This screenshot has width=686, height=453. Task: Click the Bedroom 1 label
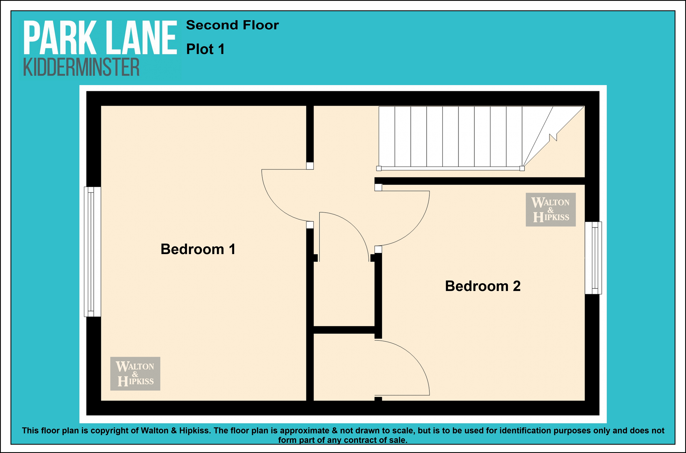[198, 249]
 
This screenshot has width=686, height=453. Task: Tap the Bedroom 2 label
[483, 286]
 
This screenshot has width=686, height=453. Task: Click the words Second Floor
[232, 25]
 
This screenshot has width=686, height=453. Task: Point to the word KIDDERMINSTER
[81, 67]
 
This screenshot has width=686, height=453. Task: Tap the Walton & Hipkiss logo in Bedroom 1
[135, 374]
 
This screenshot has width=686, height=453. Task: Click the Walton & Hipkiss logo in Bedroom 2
[551, 209]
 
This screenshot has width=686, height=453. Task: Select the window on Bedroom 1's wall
[92, 252]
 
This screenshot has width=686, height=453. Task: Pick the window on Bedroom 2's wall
[593, 258]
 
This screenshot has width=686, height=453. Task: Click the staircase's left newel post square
[379, 168]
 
